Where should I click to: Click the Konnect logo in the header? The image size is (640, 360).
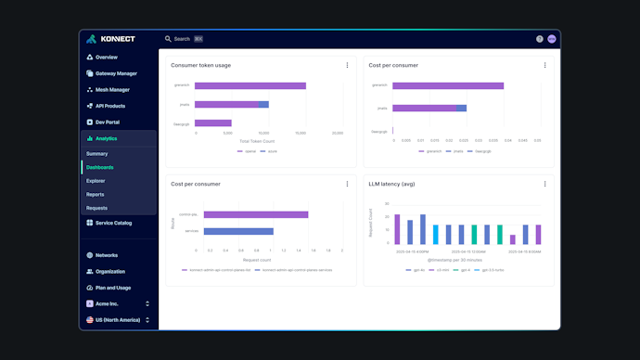[x=110, y=39]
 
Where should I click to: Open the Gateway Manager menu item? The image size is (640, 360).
[x=116, y=73]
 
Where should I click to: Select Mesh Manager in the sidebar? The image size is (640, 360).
[x=112, y=90]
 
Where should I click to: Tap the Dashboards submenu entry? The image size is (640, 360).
[x=100, y=167]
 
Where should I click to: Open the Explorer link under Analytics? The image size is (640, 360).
[x=96, y=181]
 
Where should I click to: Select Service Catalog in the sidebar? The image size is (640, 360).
[x=113, y=223]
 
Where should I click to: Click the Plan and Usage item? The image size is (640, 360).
[x=112, y=288]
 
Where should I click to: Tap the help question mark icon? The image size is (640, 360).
[x=540, y=39]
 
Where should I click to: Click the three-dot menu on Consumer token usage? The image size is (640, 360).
[x=347, y=65]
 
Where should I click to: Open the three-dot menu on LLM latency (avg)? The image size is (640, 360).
[x=544, y=184]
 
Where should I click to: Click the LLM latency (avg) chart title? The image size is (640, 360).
[x=393, y=184]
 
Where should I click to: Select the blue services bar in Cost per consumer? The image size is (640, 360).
[x=237, y=231]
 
